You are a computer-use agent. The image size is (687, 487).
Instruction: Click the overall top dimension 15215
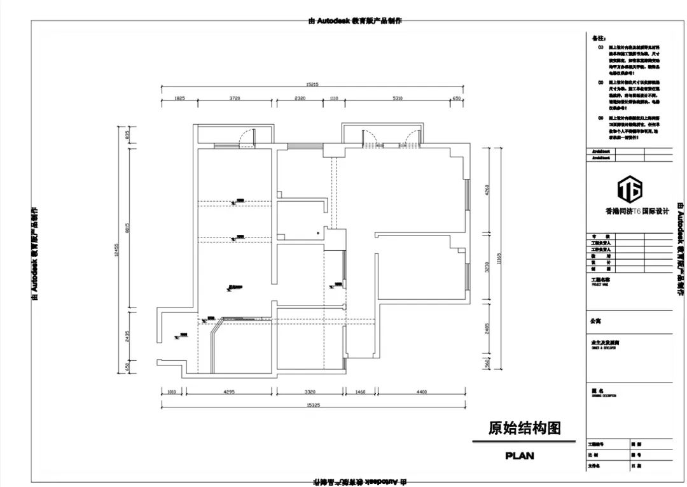[x=311, y=83]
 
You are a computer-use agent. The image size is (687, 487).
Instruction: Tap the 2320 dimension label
[x=300, y=99]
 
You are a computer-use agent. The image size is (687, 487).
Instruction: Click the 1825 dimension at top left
[x=179, y=99]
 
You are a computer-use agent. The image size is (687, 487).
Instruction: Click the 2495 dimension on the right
[x=487, y=328]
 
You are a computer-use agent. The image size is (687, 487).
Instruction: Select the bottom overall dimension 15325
[x=312, y=404]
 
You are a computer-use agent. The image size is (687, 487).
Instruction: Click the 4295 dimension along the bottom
[x=229, y=392]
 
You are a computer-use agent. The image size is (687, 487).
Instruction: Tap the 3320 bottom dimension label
[x=310, y=392]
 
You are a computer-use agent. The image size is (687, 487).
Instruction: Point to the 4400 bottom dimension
[x=422, y=392]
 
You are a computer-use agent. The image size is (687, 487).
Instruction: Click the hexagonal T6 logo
[x=630, y=188]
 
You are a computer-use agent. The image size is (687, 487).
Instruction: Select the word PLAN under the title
[x=520, y=455]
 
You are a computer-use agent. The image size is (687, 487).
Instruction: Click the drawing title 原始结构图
[x=524, y=428]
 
